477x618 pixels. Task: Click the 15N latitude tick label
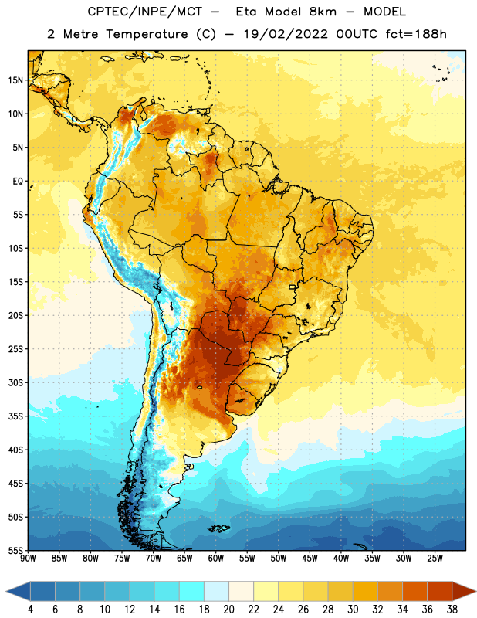click(15, 80)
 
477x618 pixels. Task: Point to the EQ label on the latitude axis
click(18, 182)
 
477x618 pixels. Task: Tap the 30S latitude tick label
click(15, 382)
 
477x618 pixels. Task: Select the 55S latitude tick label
click(15, 551)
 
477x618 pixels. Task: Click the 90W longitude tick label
click(28, 559)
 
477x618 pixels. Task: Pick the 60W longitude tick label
click(215, 559)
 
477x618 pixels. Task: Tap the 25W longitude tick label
click(435, 559)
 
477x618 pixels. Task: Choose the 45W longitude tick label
click(310, 559)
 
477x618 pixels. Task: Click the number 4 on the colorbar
click(30, 610)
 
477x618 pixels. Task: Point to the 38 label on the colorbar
click(452, 610)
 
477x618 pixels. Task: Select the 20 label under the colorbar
click(228, 610)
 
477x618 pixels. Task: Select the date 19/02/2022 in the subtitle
click(286, 34)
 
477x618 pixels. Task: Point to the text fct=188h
click(416, 34)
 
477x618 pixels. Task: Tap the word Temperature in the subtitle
click(147, 35)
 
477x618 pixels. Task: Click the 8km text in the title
click(323, 12)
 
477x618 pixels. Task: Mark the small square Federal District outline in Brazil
click(293, 287)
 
